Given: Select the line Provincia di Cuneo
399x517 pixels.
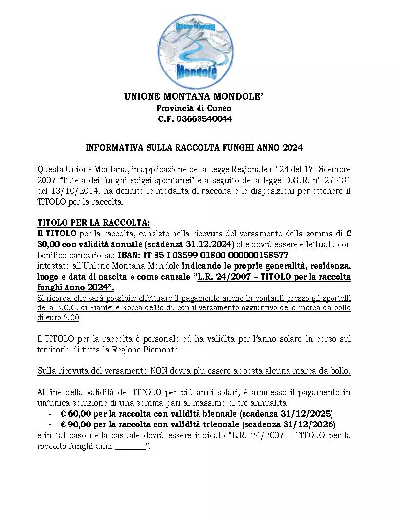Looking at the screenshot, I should (194, 108).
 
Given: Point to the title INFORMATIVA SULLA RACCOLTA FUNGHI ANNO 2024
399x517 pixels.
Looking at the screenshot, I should (194, 147).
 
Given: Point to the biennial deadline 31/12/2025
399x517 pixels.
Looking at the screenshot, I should (309, 413).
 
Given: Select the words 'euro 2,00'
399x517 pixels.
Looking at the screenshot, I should (60, 318).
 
